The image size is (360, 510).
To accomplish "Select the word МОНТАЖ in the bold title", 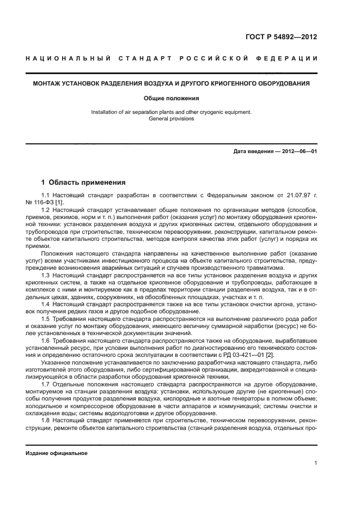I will [46, 84].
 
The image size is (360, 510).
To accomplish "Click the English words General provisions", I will [171, 118].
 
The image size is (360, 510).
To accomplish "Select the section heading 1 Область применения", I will [83, 183].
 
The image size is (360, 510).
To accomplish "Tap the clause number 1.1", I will [46, 195].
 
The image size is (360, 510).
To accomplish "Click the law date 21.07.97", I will [300, 195].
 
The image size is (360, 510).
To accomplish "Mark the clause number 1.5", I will [46, 318].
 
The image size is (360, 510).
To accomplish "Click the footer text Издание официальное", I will [57, 453].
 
